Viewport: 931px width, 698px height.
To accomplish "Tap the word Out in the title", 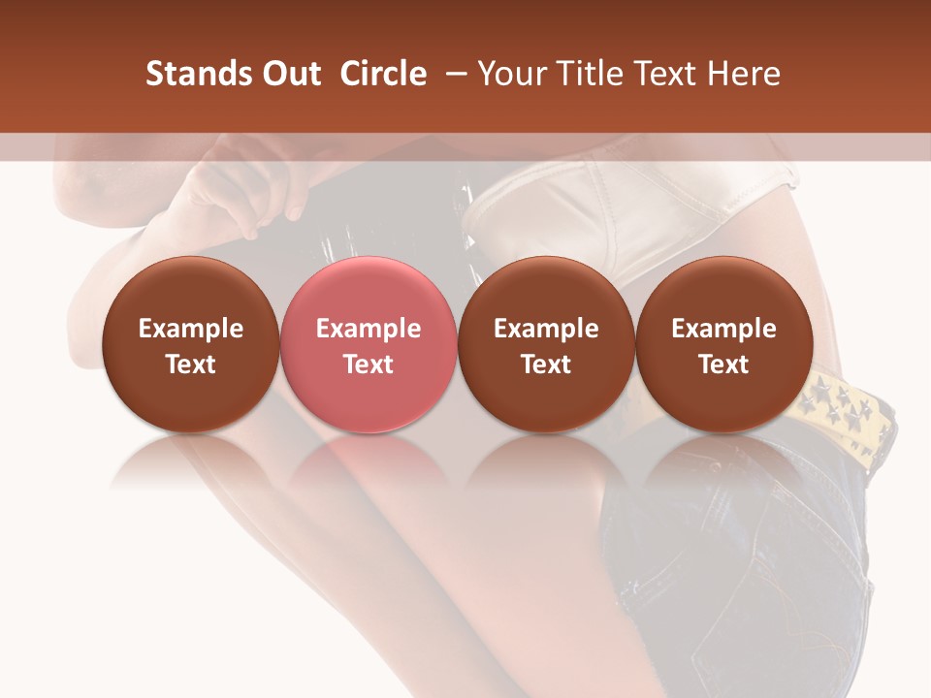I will (288, 75).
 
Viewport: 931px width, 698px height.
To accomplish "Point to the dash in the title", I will (452, 75).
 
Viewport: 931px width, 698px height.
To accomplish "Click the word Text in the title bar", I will (660, 75).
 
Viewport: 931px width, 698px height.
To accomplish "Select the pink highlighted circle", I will (368, 345).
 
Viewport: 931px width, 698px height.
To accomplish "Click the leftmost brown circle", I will (190, 345).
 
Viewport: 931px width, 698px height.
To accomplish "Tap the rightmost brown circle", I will (723, 345).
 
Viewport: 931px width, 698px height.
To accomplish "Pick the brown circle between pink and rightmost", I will (546, 345).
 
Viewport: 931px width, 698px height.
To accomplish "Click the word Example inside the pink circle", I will (368, 329).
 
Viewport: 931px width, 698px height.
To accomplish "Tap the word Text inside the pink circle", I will (368, 365).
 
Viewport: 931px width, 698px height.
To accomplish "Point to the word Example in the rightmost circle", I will (723, 329).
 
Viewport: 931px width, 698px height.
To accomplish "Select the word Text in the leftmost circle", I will (190, 365).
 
